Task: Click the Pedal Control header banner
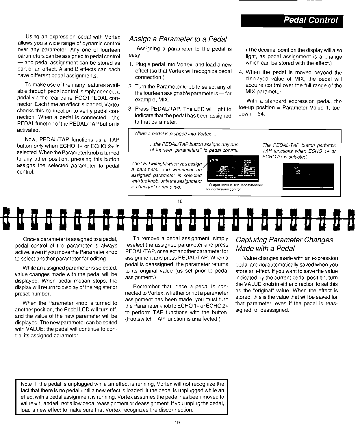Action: (x=292, y=20)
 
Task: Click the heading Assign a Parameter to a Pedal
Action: (x=178, y=39)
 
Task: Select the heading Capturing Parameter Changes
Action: (x=284, y=240)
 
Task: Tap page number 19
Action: (x=177, y=423)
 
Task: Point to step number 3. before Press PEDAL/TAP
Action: (x=130, y=109)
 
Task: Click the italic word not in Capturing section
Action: (x=262, y=265)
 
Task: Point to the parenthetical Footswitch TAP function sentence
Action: (x=173, y=319)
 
